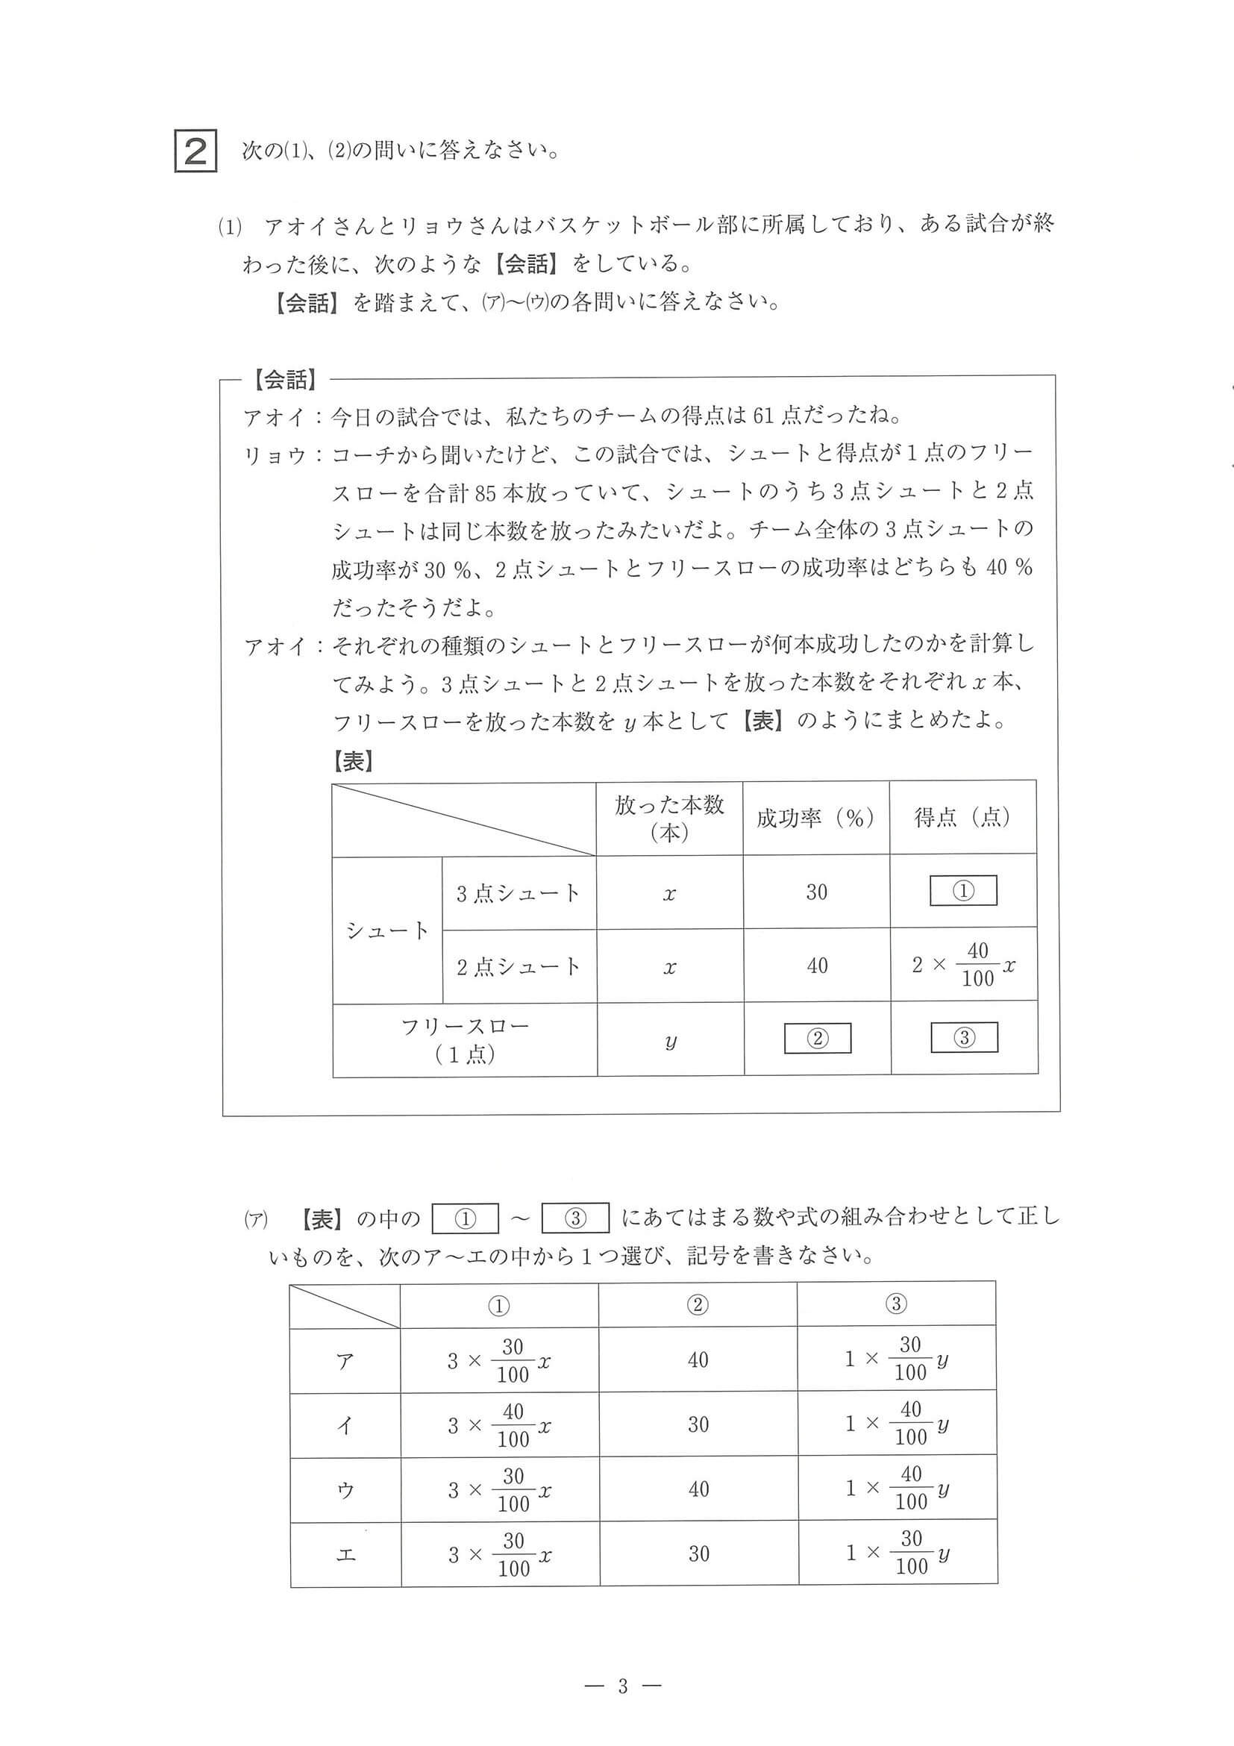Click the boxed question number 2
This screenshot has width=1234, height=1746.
click(196, 152)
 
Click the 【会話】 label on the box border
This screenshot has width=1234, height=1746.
click(286, 380)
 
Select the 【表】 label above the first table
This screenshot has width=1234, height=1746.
click(353, 760)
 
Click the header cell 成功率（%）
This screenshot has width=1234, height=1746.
click(815, 818)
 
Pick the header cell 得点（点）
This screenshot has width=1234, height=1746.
click(962, 817)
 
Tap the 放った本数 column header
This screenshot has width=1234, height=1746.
click(669, 818)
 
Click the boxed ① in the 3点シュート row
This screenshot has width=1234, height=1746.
click(962, 890)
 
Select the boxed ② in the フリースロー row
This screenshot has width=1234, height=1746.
click(817, 1038)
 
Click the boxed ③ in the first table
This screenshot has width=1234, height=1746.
click(963, 1037)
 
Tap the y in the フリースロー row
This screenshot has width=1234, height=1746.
click(670, 1040)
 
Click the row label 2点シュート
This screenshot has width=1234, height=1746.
click(519, 966)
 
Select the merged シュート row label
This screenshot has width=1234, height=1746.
click(387, 930)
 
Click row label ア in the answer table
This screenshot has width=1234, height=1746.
click(345, 1359)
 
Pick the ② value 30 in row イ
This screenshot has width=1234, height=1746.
click(698, 1424)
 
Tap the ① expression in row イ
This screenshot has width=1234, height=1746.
click(499, 1425)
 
